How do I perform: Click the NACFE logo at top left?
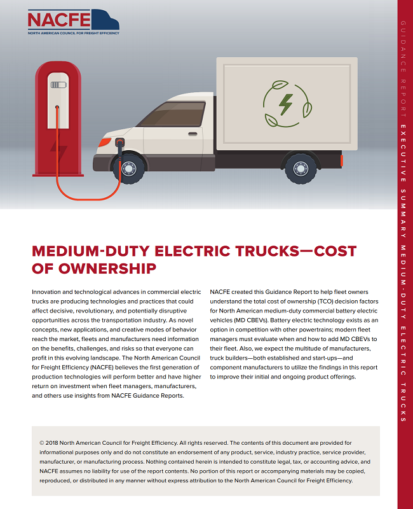73,22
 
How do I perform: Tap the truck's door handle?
193,134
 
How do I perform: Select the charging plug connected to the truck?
118,148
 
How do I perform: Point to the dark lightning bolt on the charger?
58,151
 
